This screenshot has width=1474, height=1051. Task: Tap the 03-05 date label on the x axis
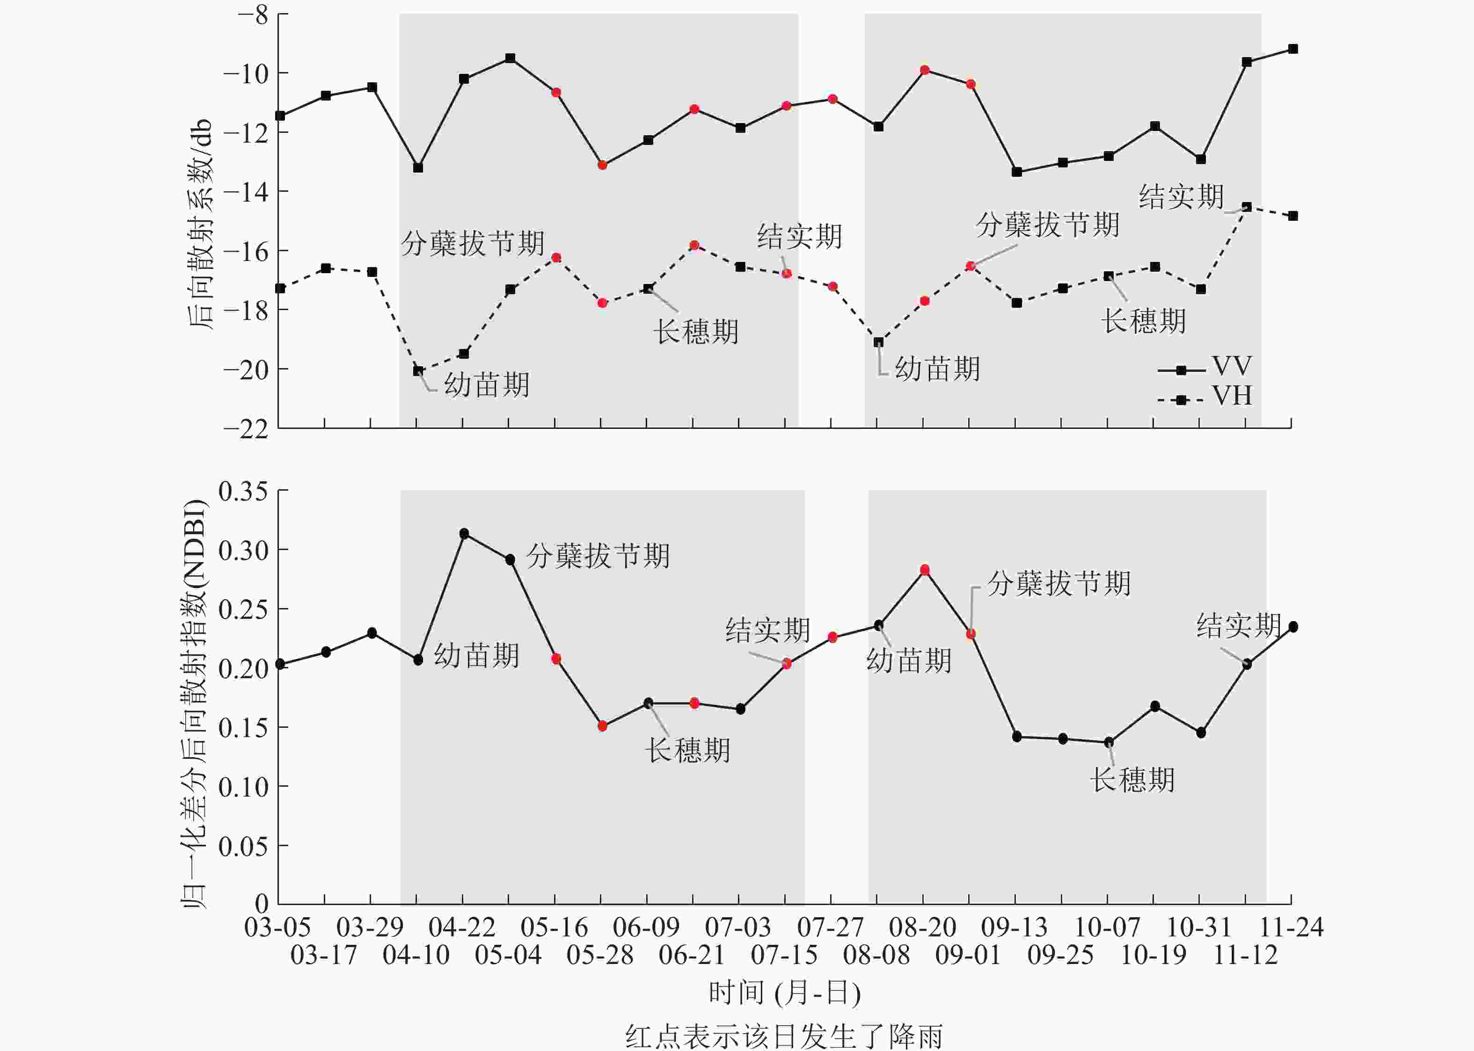pyautogui.click(x=277, y=928)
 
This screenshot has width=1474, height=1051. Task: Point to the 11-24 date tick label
pyautogui.click(x=1291, y=928)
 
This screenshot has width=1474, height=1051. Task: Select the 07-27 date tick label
pyautogui.click(x=831, y=928)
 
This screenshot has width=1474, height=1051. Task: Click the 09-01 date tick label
pyautogui.click(x=969, y=955)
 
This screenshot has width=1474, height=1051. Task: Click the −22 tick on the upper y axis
pyautogui.click(x=246, y=428)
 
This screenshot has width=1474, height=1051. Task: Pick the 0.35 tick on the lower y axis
pyautogui.click(x=243, y=491)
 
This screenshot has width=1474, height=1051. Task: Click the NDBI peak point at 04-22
pyautogui.click(x=464, y=534)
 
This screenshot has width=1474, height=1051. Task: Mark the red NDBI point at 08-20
pyautogui.click(x=924, y=570)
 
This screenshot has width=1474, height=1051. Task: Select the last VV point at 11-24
pyautogui.click(x=1293, y=49)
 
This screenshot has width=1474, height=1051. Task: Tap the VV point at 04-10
pyautogui.click(x=418, y=167)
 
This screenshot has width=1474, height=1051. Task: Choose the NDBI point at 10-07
pyautogui.click(x=1108, y=742)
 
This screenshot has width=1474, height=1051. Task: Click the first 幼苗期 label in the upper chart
pyautogui.click(x=487, y=384)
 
